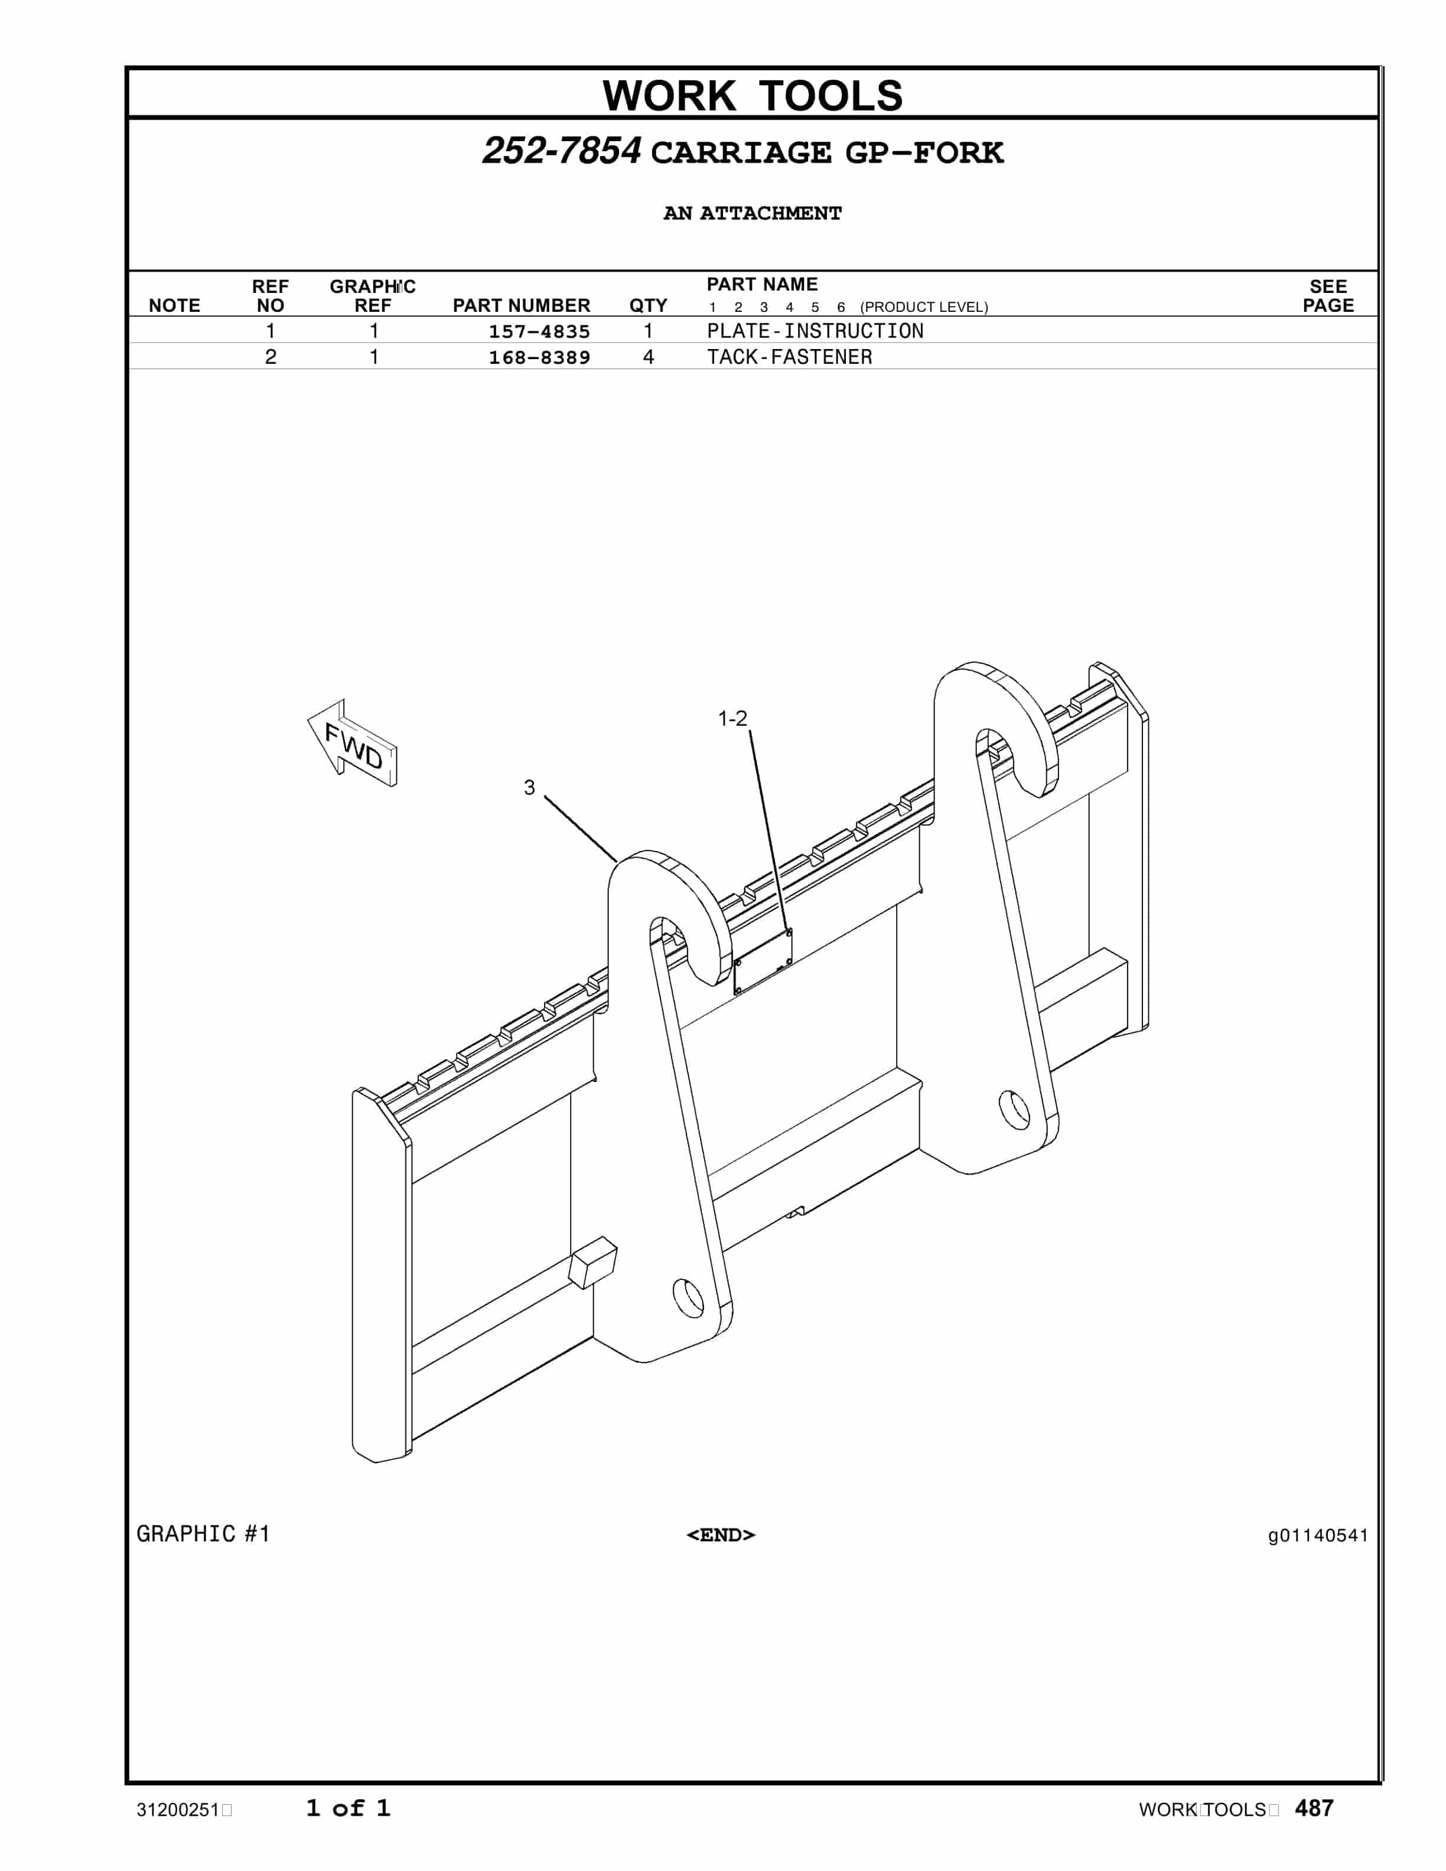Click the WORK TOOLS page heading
click(752, 95)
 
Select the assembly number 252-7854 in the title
click(561, 152)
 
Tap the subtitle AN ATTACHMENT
click(752, 213)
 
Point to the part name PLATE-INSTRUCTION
click(815, 331)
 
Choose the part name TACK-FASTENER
click(789, 357)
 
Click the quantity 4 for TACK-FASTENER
click(649, 357)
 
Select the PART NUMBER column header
click(521, 306)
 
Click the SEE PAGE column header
click(1328, 296)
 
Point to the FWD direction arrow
click(353, 744)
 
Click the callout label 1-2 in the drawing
click(732, 719)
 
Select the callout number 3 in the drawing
click(529, 787)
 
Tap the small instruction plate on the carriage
click(763, 961)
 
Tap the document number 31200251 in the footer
click(178, 1810)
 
